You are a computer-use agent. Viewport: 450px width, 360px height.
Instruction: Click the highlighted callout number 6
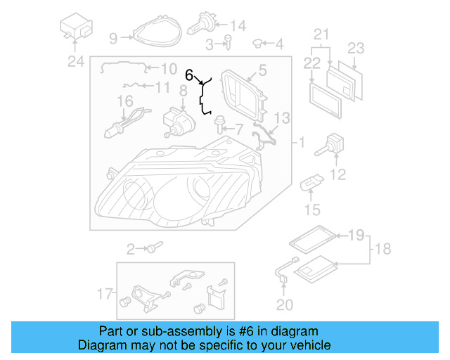(x=188, y=74)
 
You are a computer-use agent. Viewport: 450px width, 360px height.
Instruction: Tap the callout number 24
(x=75, y=62)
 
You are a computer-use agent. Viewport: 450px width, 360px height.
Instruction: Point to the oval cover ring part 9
(x=155, y=31)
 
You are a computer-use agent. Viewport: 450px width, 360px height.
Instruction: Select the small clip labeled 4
(x=257, y=44)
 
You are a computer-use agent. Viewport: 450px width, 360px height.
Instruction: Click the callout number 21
(x=321, y=34)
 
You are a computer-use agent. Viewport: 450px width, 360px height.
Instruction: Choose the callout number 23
(x=356, y=49)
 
